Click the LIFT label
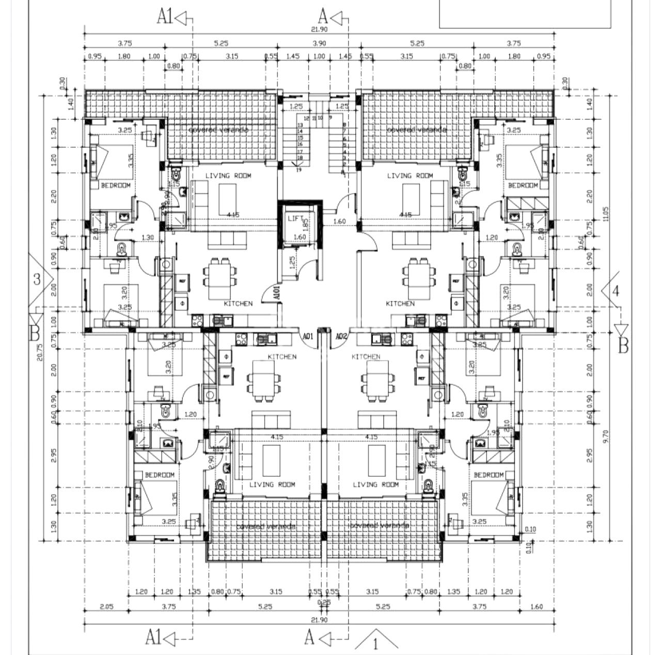click(293, 219)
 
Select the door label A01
click(308, 336)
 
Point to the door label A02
click(340, 336)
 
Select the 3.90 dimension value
click(320, 43)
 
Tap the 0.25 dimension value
click(324, 602)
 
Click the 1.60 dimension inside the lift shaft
click(300, 237)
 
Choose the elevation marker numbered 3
click(37, 279)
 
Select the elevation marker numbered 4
click(615, 290)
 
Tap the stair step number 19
click(299, 170)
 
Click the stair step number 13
click(300, 126)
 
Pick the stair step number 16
click(300, 145)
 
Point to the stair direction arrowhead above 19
click(296, 165)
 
